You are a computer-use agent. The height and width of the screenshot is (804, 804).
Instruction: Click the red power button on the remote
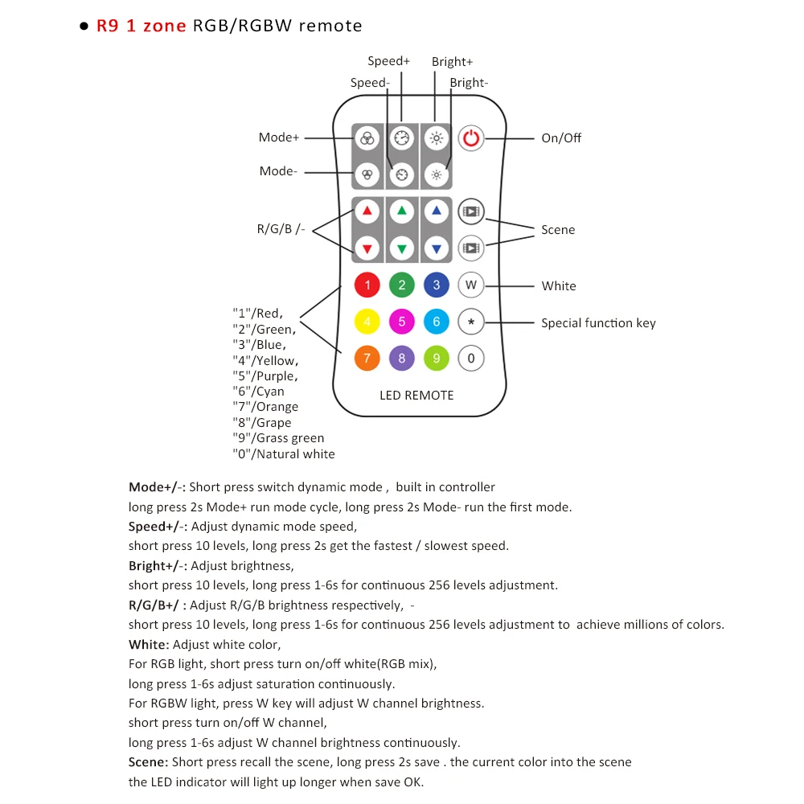(x=471, y=138)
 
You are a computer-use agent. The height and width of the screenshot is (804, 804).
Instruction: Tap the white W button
(x=471, y=285)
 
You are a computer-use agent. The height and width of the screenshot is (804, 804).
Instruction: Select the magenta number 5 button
(x=402, y=322)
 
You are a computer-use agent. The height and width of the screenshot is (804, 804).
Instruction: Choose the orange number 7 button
(x=367, y=359)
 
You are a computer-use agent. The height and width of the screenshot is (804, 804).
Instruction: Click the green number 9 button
(x=437, y=359)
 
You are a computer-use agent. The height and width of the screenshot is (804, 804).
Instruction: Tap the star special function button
(x=471, y=322)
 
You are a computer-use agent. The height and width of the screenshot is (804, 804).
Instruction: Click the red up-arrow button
(x=367, y=211)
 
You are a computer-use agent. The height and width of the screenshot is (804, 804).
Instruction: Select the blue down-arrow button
(x=437, y=248)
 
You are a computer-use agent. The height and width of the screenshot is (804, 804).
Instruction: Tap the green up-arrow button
(x=402, y=211)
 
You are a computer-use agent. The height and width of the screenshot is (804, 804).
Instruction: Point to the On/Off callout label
(x=561, y=138)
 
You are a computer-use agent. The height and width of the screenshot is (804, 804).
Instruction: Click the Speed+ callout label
(x=389, y=61)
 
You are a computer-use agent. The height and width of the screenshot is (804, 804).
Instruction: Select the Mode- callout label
(x=278, y=171)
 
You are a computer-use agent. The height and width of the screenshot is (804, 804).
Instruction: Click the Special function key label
(x=598, y=323)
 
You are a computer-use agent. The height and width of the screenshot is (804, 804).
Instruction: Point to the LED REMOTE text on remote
(x=416, y=396)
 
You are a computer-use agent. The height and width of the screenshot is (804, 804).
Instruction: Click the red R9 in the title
(x=107, y=26)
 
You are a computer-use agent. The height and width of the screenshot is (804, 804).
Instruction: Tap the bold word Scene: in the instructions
(x=149, y=762)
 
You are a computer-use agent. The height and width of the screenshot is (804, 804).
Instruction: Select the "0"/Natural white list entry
(x=284, y=454)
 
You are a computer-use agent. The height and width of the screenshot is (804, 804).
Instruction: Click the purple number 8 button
(x=402, y=359)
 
